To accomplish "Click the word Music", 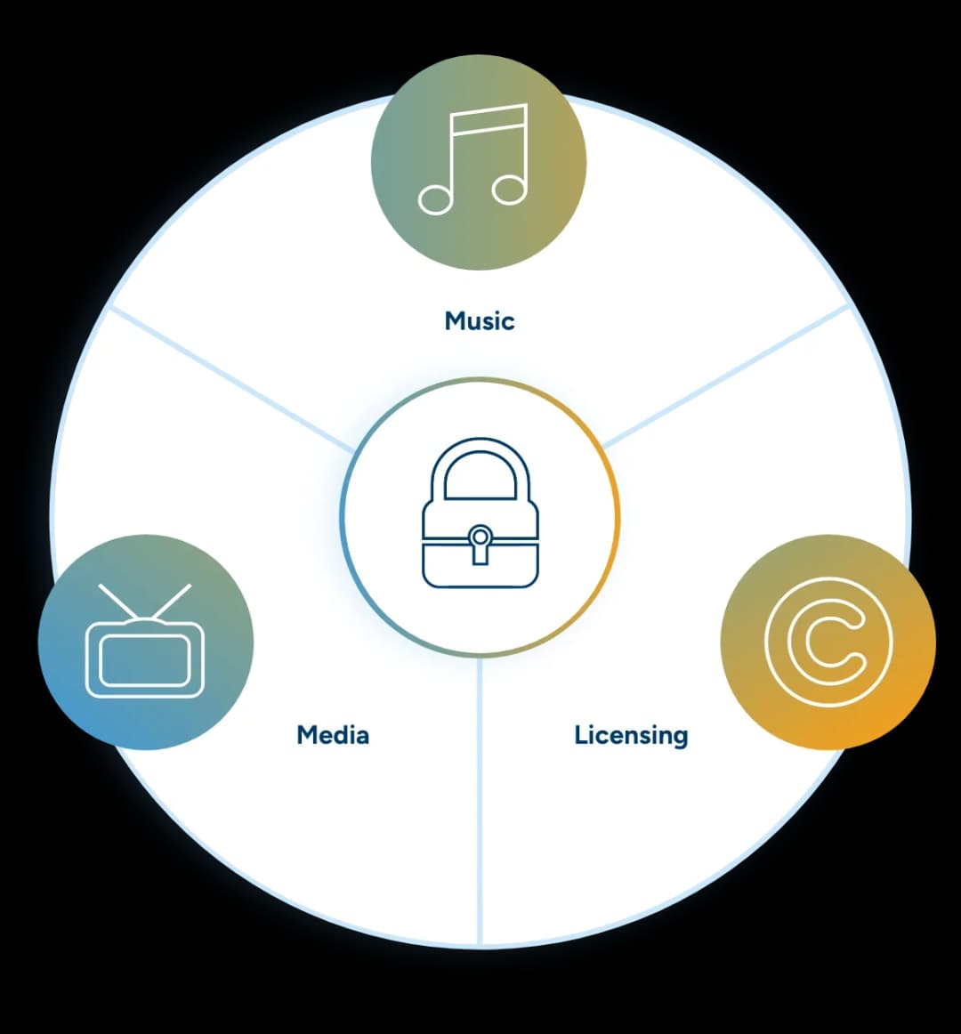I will click(480, 320).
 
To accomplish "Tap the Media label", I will click(333, 735).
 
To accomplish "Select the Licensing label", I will click(631, 736).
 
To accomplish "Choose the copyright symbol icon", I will click(828, 642).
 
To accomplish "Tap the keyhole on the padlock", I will click(480, 543).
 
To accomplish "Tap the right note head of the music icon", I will click(509, 189).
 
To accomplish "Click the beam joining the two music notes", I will click(489, 119).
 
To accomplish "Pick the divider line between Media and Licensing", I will click(480, 801).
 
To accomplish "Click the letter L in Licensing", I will click(581, 734).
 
